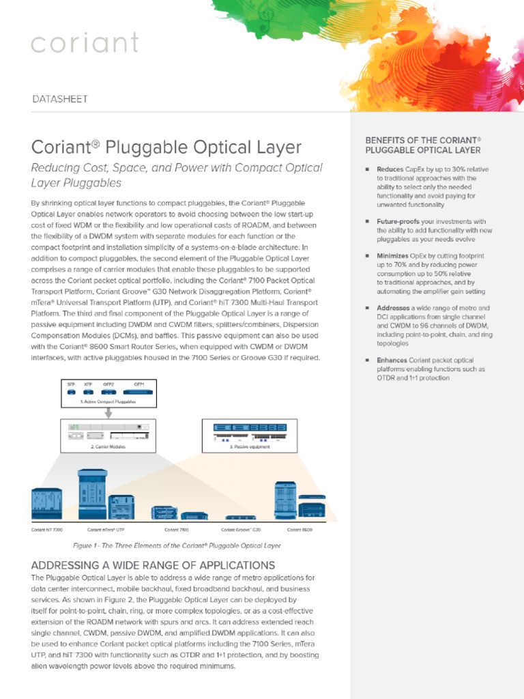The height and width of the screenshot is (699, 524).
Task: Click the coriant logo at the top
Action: pos(85,43)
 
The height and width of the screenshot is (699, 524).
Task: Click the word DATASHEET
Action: pos(60,99)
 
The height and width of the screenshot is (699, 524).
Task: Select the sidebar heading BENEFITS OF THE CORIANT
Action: pos(423,140)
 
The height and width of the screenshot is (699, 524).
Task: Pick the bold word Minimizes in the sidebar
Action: pos(393,256)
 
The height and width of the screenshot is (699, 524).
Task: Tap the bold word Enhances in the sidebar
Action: pos(393,360)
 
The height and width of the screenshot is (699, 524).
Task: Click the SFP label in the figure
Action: pos(71,384)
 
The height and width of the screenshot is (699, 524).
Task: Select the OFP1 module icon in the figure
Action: pos(139,393)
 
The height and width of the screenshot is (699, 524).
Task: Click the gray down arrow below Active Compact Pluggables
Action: pos(108,412)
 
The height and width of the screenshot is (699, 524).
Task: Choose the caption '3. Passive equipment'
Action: pos(250,446)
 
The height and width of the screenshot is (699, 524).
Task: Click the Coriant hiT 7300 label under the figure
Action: pos(47,529)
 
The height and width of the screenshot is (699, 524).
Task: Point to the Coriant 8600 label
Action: pos(300,529)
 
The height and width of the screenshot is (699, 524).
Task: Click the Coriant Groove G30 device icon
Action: pos(240,518)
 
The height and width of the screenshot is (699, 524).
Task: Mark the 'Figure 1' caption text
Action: pos(177,545)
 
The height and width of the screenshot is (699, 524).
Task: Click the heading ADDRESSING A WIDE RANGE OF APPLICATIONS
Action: pos(154,565)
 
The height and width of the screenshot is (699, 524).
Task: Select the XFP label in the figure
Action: pos(88,384)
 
